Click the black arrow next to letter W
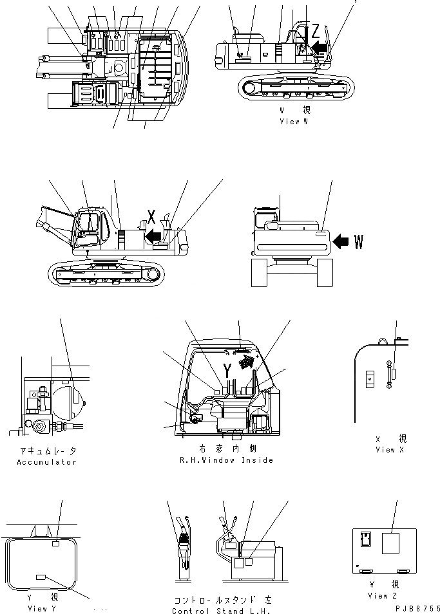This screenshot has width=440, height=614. pyautogui.click(x=342, y=241)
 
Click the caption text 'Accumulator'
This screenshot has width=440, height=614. pyautogui.click(x=47, y=462)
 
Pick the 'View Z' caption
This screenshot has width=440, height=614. pyautogui.click(x=378, y=595)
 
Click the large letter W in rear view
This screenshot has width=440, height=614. pyautogui.click(x=359, y=242)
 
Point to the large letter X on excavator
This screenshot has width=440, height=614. pyautogui.click(x=151, y=216)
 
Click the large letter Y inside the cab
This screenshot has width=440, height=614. pyautogui.click(x=227, y=369)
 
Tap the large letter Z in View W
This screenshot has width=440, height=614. pyautogui.click(x=314, y=30)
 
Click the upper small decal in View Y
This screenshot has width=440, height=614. pyautogui.click(x=55, y=545)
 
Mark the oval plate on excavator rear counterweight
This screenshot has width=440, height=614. pyautogui.click(x=320, y=236)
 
